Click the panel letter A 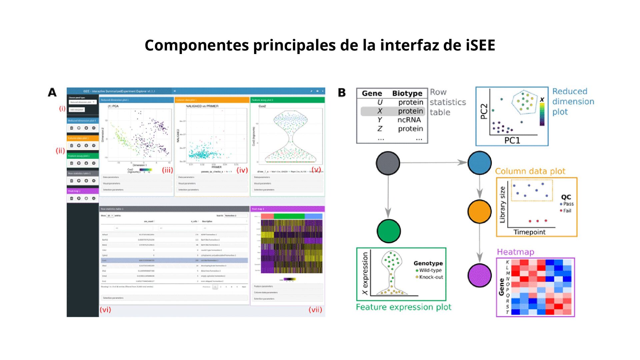[52, 92]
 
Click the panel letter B [342, 93]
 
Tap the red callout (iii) [167, 170]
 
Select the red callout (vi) [105, 309]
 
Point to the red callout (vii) [315, 309]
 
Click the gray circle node [388, 163]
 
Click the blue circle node [479, 163]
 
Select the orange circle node [479, 211]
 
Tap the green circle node [389, 231]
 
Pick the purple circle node [479, 275]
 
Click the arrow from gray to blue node [433, 163]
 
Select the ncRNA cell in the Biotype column [409, 120]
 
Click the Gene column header [372, 93]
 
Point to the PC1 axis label [512, 140]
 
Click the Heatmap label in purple [515, 252]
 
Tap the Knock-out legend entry [431, 277]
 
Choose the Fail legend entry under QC [567, 211]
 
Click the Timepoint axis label [529, 232]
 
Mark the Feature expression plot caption [403, 307]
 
